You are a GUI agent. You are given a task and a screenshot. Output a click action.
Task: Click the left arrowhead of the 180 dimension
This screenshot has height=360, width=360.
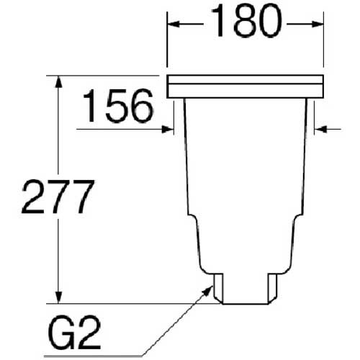tap(173, 24)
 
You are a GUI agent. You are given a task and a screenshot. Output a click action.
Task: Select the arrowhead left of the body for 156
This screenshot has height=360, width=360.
tap(170, 130)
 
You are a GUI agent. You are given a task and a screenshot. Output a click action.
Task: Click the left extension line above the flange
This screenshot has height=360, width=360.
tap(167, 43)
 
